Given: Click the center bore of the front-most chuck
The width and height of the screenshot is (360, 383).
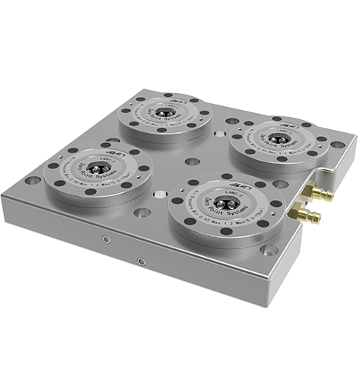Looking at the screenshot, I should coord(224,203).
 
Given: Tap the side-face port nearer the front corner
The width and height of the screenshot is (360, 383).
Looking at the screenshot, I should coord(141,261).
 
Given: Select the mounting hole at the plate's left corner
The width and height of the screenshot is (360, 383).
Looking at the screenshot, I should coord(32,182).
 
